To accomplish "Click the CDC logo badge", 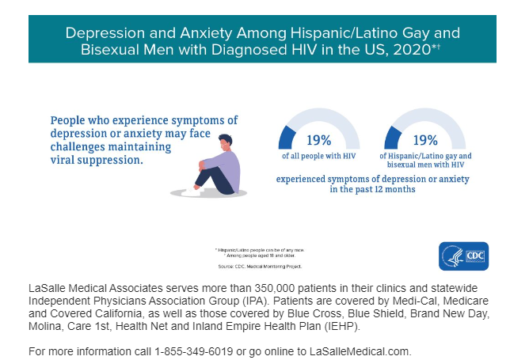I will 464,256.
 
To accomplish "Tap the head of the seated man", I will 226,144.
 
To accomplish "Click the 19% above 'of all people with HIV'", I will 318,140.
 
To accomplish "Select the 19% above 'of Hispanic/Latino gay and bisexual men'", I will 425,140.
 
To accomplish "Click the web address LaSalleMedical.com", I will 367,350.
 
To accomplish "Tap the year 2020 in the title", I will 415,50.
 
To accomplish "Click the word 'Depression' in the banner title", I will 102,33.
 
